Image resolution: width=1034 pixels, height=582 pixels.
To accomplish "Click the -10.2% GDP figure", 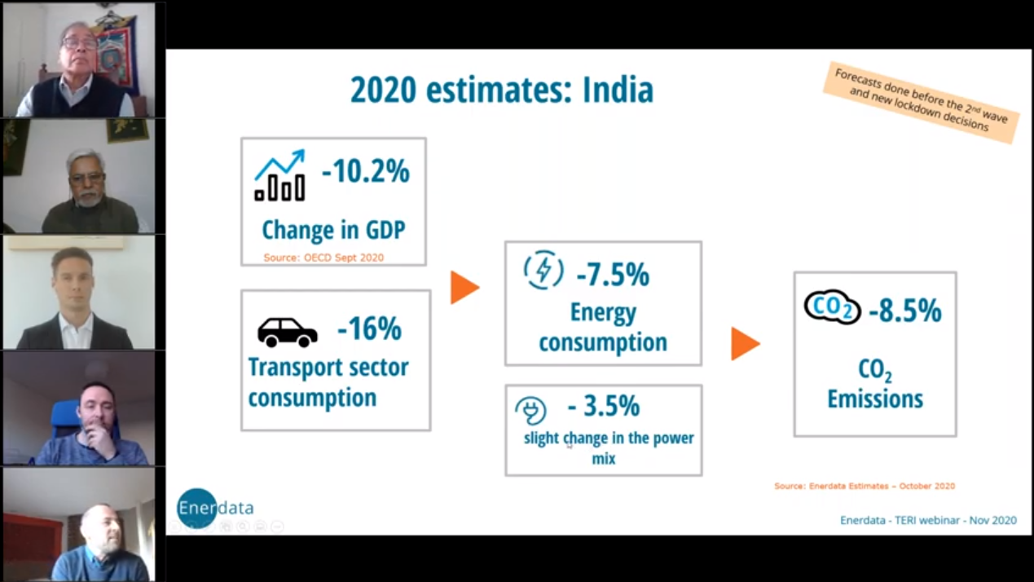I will [x=365, y=172].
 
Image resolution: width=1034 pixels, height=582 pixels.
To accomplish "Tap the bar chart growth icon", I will [x=279, y=175].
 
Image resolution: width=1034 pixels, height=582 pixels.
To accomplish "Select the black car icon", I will [x=287, y=332].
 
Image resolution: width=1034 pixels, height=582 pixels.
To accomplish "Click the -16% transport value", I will [x=369, y=329].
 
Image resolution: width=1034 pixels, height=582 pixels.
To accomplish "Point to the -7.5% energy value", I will [x=612, y=276].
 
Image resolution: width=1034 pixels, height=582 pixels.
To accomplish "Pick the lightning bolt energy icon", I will [x=543, y=271].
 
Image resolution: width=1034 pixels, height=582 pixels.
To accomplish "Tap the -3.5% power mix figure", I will [x=603, y=406].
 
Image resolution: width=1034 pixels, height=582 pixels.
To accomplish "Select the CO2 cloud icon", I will [x=832, y=307].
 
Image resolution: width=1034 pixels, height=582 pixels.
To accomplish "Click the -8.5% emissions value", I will [x=904, y=311].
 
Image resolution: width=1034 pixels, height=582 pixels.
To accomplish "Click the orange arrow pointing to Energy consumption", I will [x=464, y=288].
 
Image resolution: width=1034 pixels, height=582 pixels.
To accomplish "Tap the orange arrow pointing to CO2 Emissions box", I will [x=745, y=343].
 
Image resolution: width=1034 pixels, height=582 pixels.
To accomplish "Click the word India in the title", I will [x=618, y=90].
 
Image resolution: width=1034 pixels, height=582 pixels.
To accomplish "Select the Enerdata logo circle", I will [x=197, y=508].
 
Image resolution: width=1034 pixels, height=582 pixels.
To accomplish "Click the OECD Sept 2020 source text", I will [x=323, y=258].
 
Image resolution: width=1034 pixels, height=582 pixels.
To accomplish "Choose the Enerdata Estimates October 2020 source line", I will [x=864, y=486].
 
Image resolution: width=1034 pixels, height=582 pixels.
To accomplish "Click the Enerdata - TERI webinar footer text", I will [x=928, y=520].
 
